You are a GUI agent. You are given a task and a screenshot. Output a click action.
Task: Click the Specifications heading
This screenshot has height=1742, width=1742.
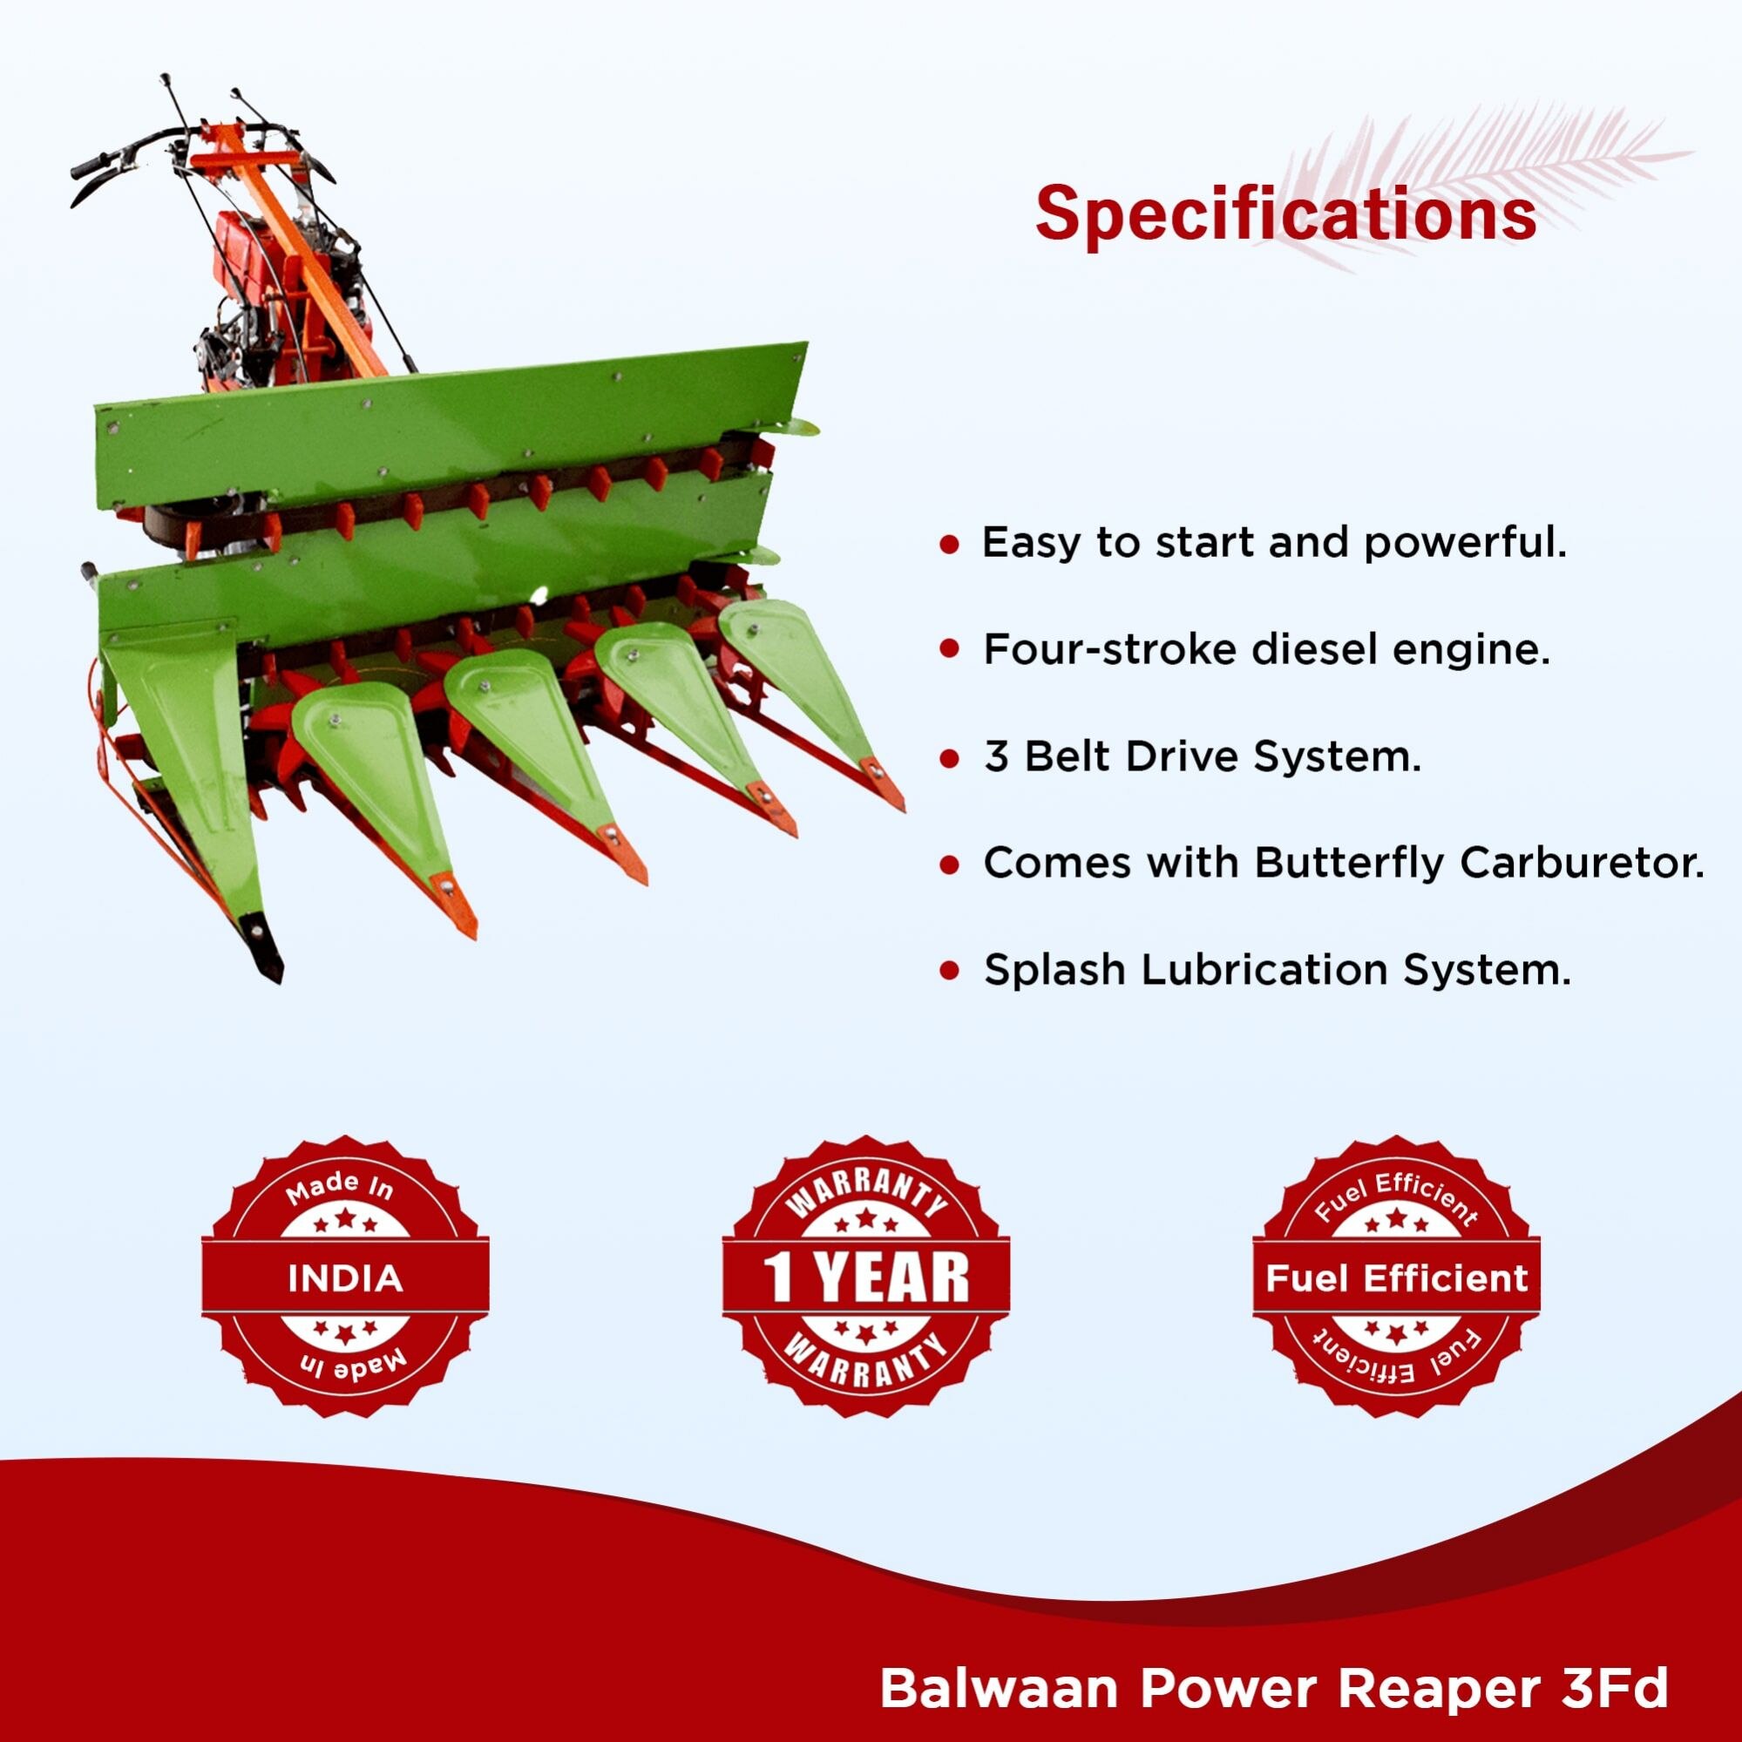1286,214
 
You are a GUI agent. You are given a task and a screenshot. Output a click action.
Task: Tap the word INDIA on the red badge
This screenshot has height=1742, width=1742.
345,1278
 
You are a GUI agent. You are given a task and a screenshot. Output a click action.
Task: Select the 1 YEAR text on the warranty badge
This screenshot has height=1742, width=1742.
865,1278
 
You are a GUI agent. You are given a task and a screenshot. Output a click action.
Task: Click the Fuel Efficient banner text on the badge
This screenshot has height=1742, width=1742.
1397,1278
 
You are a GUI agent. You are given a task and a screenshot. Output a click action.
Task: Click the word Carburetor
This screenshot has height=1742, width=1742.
1583,863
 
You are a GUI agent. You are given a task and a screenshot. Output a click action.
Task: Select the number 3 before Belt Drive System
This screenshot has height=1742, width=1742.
995,756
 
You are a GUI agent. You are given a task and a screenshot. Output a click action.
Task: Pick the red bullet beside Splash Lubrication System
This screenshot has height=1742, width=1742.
948,972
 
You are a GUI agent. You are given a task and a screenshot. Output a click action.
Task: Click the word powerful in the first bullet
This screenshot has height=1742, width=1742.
1465,544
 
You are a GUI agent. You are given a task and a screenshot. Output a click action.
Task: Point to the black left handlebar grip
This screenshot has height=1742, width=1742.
97,166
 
